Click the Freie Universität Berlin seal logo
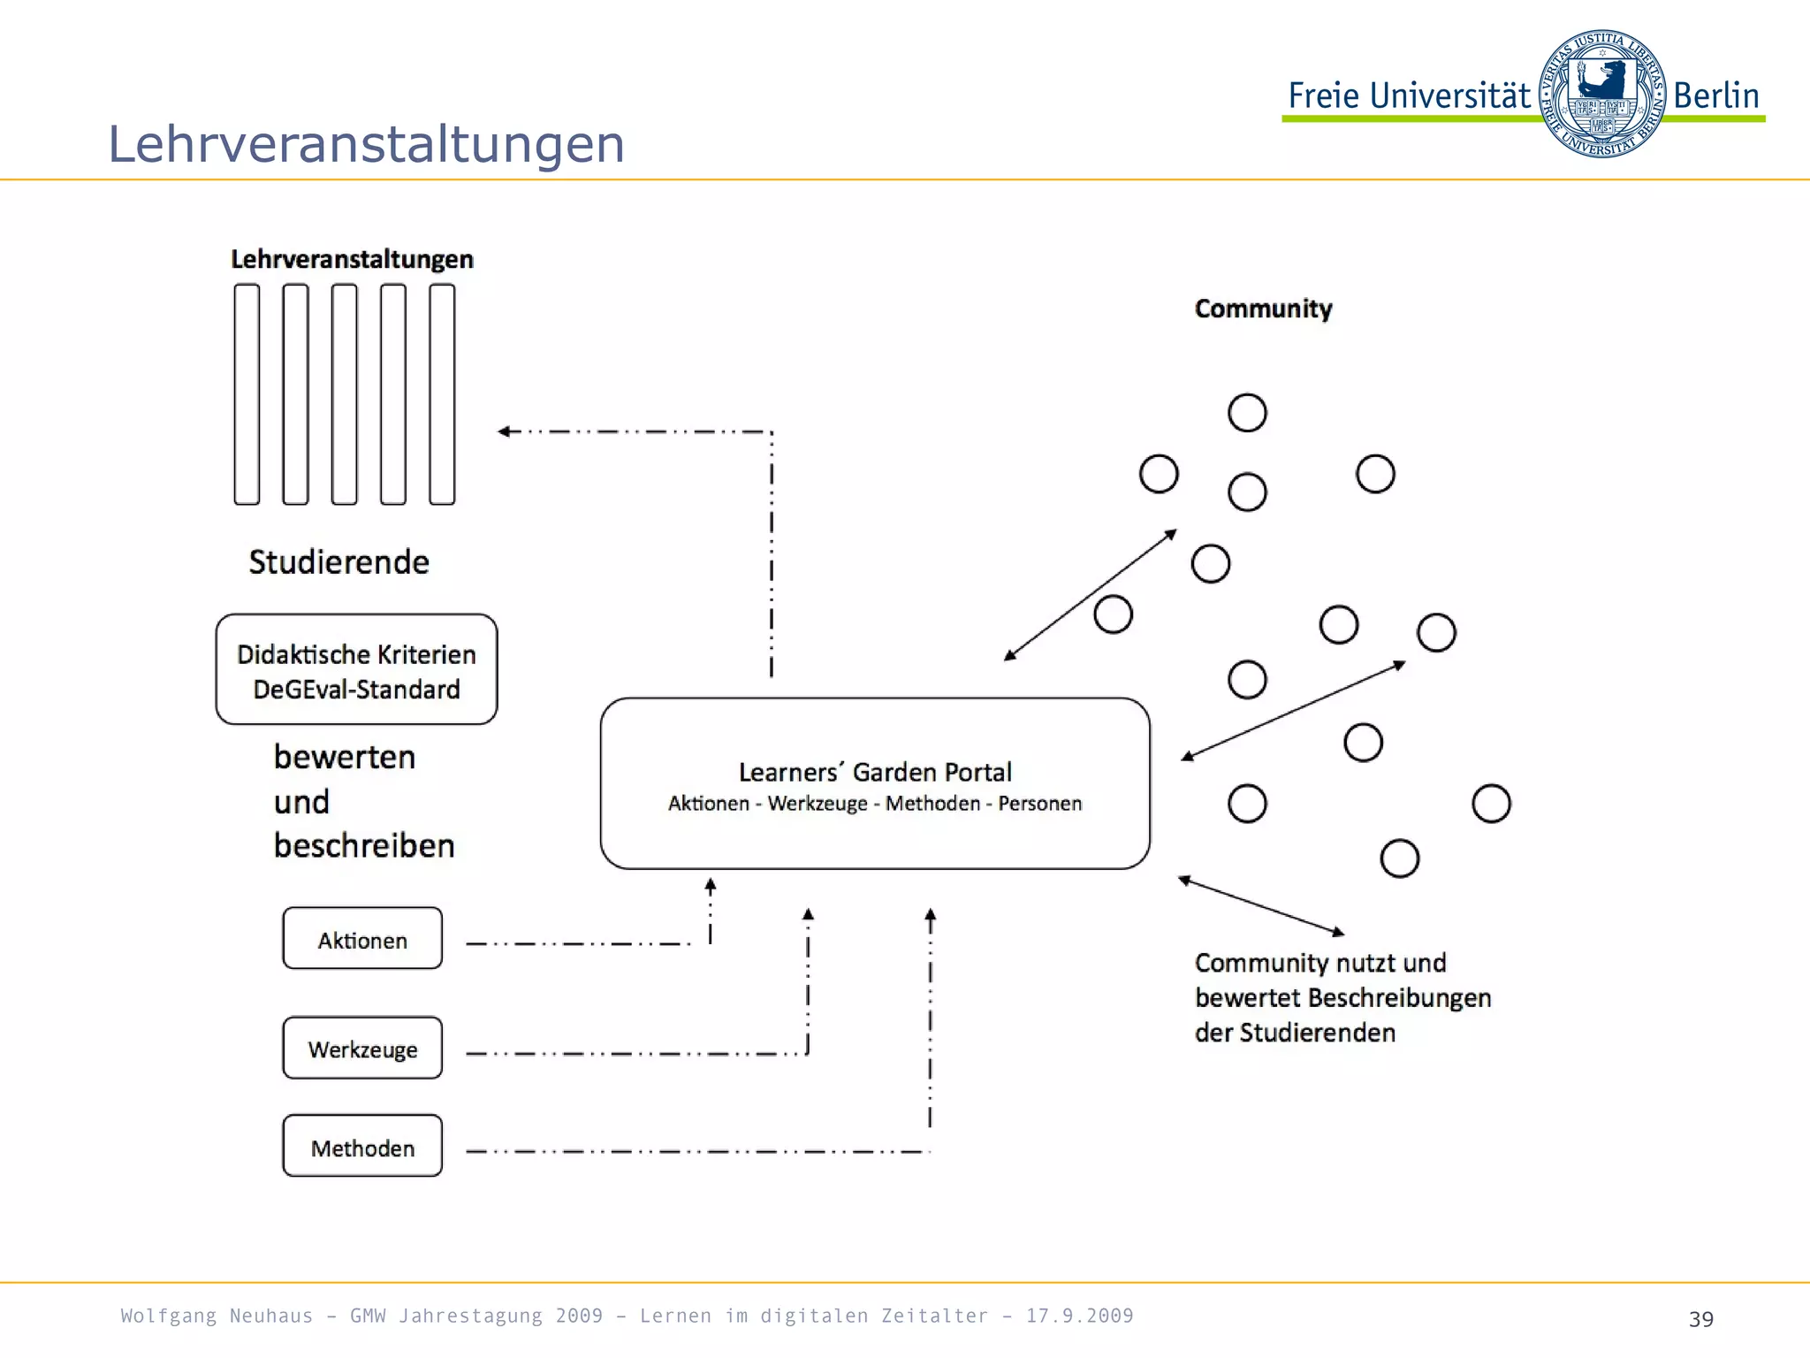click(1601, 94)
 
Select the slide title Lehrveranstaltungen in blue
click(366, 144)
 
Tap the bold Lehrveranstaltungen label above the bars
click(352, 259)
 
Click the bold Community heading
click(1263, 309)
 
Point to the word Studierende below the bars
click(339, 562)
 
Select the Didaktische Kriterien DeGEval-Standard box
click(356, 670)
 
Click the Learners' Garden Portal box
click(874, 783)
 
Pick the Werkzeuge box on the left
click(362, 1049)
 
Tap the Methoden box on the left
click(362, 1147)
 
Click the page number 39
click(1700, 1319)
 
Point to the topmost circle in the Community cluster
click(1247, 413)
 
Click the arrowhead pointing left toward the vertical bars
click(505, 431)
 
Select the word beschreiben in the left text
click(364, 846)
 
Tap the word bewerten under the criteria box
click(345, 758)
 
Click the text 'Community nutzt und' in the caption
click(1320, 963)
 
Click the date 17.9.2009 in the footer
click(1079, 1316)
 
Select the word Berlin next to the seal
click(1715, 95)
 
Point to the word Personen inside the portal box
click(1039, 804)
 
